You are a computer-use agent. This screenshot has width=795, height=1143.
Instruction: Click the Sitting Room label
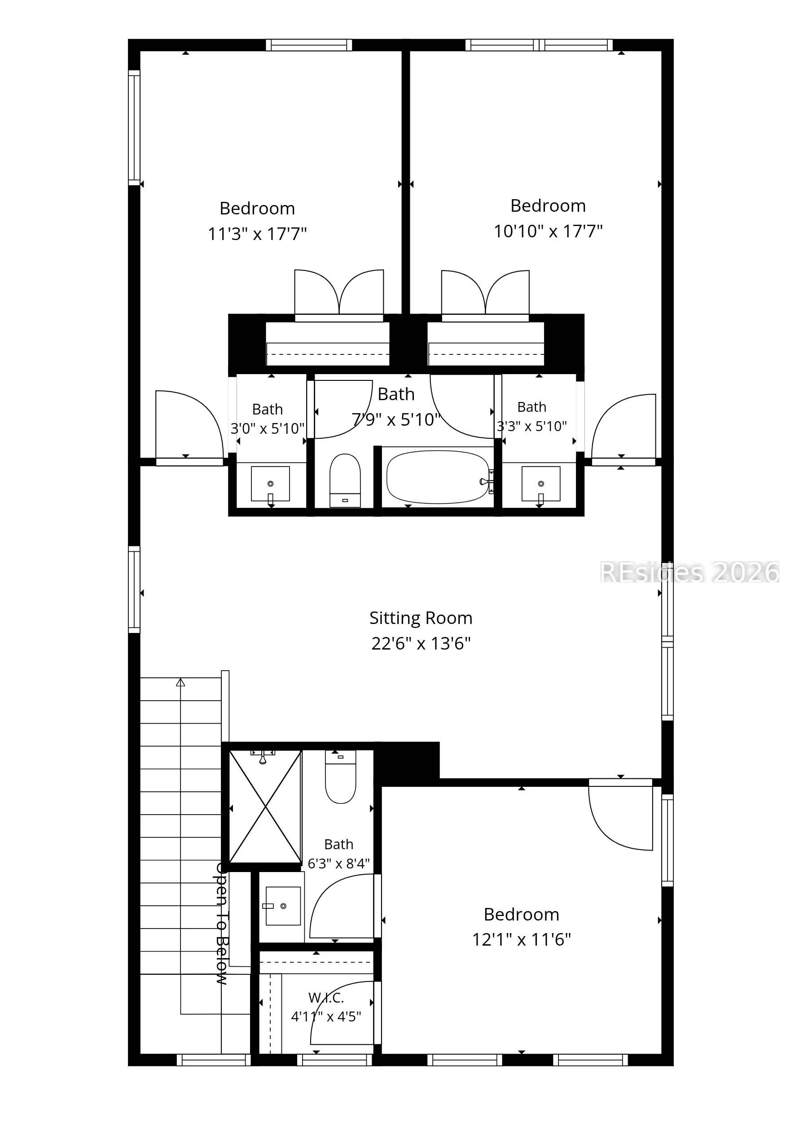[421, 618]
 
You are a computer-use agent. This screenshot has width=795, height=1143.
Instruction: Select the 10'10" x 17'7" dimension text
[548, 231]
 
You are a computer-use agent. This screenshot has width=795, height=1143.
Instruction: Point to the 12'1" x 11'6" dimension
[522, 939]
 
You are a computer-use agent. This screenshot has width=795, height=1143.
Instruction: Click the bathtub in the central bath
[437, 477]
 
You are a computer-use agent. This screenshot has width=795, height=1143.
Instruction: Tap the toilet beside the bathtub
[345, 480]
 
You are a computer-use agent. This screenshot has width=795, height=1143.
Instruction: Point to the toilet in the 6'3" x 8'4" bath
[341, 777]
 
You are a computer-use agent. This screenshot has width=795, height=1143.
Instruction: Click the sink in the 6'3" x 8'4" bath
[283, 906]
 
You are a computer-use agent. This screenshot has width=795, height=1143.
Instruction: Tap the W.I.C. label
[326, 998]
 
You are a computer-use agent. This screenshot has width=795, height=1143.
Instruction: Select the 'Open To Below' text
[222, 924]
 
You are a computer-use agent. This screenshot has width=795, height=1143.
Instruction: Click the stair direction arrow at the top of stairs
[180, 682]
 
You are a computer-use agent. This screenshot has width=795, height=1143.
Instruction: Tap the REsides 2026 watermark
[690, 572]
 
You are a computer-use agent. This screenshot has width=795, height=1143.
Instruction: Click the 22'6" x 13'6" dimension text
[421, 644]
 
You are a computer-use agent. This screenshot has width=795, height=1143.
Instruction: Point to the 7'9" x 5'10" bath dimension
[396, 420]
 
